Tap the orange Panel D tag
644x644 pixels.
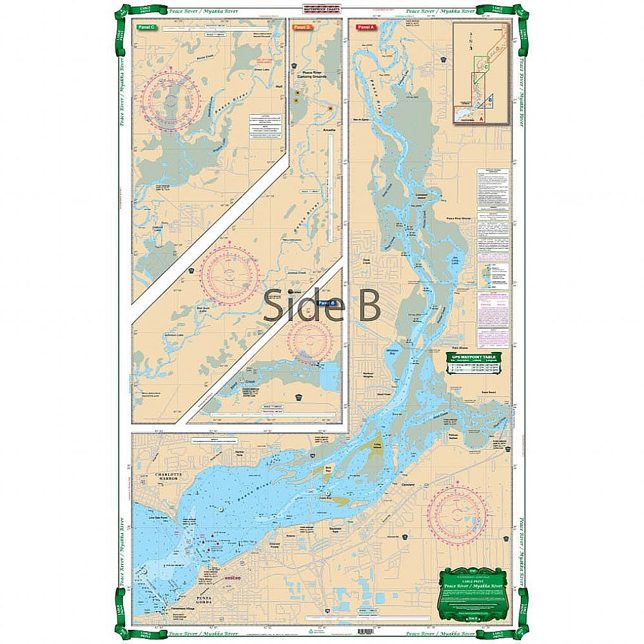[302, 27]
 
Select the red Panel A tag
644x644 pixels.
[364, 27]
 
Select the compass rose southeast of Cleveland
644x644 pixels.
[458, 514]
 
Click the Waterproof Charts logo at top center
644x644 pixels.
[322, 10]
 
